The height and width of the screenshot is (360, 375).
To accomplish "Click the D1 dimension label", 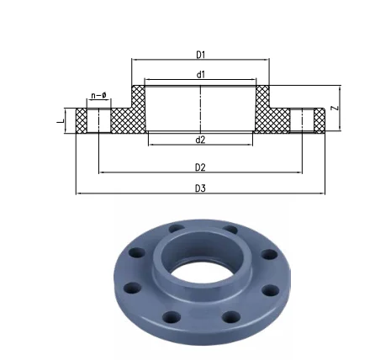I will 200,55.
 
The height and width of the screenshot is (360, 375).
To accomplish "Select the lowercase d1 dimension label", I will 200,75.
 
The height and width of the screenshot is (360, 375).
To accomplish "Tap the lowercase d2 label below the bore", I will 200,139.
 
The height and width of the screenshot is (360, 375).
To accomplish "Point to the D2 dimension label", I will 200,169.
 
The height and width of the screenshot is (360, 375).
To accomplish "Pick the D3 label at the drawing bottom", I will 200,188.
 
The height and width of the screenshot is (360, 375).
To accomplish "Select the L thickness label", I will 59,119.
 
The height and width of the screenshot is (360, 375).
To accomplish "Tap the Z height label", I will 335,108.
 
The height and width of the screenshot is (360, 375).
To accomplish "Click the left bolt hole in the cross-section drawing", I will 99,120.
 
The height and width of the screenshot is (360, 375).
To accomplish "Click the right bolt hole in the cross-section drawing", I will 301,120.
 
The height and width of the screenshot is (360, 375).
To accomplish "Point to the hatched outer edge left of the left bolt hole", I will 82,120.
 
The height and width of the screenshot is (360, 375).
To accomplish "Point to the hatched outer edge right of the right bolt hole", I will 319,120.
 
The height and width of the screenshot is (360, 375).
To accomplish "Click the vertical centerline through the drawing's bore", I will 200,109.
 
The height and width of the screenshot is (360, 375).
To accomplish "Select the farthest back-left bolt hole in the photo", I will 175,229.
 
